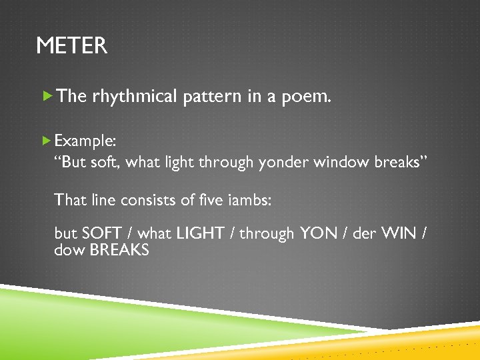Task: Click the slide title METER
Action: point(71,46)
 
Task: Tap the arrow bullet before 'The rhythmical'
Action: point(47,96)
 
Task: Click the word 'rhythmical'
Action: point(135,97)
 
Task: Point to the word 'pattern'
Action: point(213,97)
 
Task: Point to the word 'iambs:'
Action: point(249,199)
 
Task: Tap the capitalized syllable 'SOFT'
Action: point(101,234)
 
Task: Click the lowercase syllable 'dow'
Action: point(66,251)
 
